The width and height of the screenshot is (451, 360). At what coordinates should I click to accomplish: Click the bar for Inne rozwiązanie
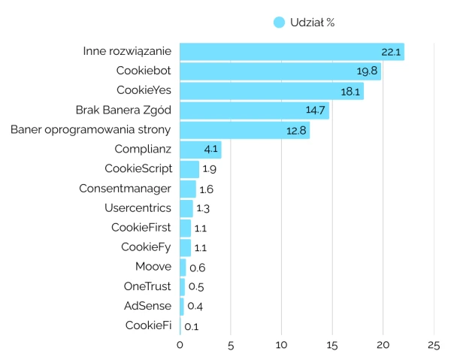pyautogui.click(x=292, y=52)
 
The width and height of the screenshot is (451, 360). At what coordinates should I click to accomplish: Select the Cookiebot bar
pyautogui.click(x=280, y=71)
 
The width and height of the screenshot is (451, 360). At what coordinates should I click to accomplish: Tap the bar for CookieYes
pyautogui.click(x=271, y=91)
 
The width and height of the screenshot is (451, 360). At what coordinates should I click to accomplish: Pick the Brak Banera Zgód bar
pyautogui.click(x=254, y=110)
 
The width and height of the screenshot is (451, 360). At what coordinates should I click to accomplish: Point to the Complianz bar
pyautogui.click(x=200, y=150)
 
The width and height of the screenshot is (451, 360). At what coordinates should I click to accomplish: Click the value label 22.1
pyautogui.click(x=391, y=52)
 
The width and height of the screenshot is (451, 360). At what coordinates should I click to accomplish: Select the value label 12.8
pyautogui.click(x=296, y=130)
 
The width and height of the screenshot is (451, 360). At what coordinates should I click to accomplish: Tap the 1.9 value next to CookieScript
pyautogui.click(x=209, y=169)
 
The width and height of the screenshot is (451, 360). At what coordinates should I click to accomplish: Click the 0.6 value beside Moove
pyautogui.click(x=197, y=268)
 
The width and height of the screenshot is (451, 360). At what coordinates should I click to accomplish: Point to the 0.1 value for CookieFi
pyautogui.click(x=191, y=326)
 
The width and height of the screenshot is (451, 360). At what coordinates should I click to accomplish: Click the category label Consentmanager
pyautogui.click(x=125, y=189)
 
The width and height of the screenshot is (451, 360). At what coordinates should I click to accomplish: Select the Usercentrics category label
pyautogui.click(x=138, y=208)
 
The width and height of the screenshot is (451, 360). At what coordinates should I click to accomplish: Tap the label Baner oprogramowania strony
pyautogui.click(x=91, y=130)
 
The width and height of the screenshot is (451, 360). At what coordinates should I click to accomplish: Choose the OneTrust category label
pyautogui.click(x=147, y=286)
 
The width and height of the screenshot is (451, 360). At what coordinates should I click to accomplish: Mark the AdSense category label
pyautogui.click(x=147, y=306)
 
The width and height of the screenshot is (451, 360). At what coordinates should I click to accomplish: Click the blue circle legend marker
pyautogui.click(x=280, y=23)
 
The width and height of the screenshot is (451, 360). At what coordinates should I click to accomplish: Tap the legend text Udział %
pyautogui.click(x=312, y=23)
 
